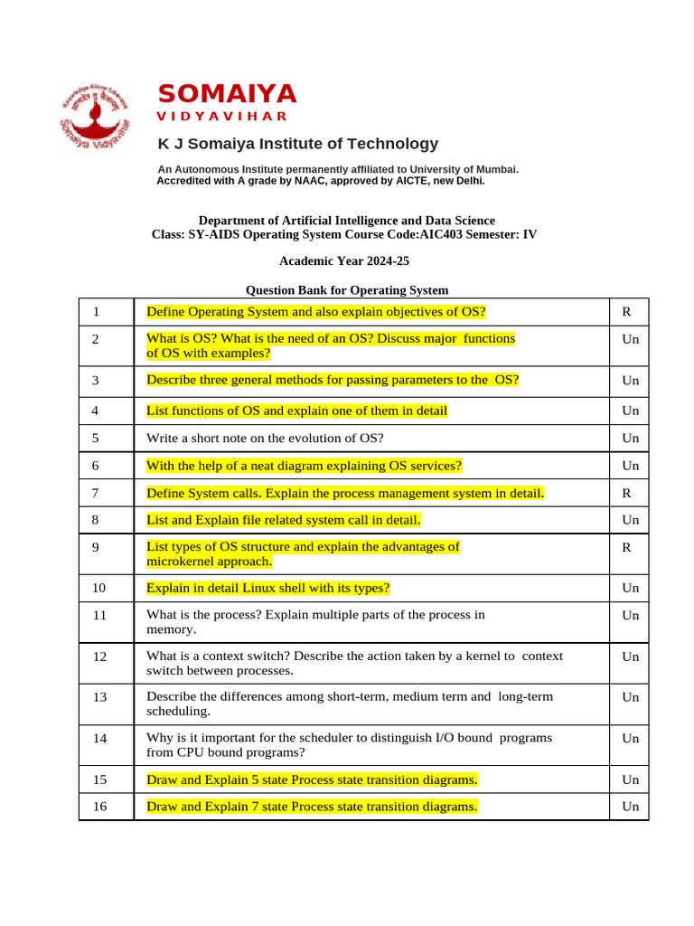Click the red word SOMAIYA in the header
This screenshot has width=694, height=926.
(x=227, y=94)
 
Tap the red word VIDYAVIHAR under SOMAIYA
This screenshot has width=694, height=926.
(x=222, y=117)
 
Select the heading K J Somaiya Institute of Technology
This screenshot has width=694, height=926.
(x=298, y=144)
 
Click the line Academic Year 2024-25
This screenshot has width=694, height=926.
(x=346, y=261)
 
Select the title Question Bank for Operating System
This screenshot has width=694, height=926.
(x=347, y=290)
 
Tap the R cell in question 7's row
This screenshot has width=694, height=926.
(x=626, y=493)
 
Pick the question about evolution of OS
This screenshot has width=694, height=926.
(x=265, y=439)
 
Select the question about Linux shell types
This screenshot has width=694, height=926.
(x=268, y=588)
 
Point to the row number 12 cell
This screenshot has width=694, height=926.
(x=99, y=656)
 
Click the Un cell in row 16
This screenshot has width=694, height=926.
(x=630, y=806)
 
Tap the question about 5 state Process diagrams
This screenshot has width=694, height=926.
(x=312, y=779)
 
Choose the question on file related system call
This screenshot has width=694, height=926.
(x=283, y=520)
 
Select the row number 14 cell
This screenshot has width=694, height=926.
(x=99, y=738)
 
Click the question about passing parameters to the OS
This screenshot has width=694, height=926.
(x=332, y=380)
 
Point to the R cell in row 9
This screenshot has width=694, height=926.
(x=626, y=548)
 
